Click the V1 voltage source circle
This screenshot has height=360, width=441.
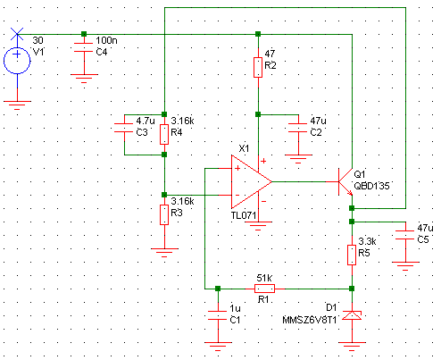pos(17,61)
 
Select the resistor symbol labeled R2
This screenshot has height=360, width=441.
pos(258,68)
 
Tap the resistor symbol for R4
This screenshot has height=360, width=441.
pos(164,135)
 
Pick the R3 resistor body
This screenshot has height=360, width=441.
pos(164,214)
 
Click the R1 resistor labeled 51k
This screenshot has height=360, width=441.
pos(264,289)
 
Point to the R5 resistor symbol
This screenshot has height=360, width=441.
pos(352,255)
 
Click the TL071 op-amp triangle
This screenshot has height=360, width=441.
pos(252,181)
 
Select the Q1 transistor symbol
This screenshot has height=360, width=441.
pos(345,181)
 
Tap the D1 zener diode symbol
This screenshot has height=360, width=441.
pos(352,315)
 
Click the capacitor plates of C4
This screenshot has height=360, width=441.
pos(84,47)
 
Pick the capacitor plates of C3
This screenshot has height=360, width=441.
pos(124,128)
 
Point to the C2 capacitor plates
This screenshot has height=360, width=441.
pos(298,128)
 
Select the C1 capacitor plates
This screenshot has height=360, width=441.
pos(218,315)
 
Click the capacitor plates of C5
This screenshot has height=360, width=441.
pos(405,235)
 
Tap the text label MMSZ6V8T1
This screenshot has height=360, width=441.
pos(310,320)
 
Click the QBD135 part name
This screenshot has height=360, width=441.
pos(371,186)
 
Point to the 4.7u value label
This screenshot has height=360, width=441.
pos(146,121)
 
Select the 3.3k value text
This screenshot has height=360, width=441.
pos(367,241)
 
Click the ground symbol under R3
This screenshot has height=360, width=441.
pos(164,253)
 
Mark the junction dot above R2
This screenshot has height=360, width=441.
pos(258,34)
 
